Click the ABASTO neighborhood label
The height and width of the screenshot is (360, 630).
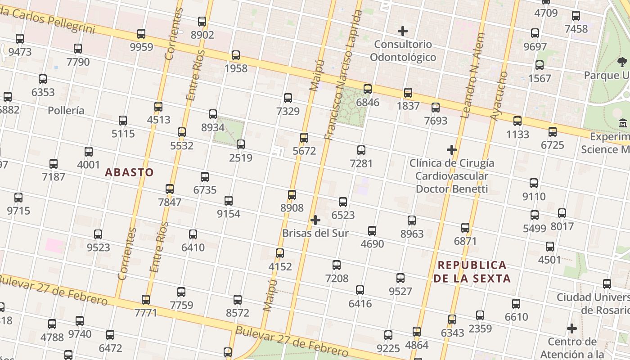click(x=129, y=172)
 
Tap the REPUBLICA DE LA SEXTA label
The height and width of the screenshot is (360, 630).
click(x=472, y=272)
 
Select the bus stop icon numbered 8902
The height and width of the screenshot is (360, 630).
click(x=202, y=22)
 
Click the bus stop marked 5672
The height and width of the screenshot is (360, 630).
click(x=304, y=138)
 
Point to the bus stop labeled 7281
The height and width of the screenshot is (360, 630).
click(x=361, y=150)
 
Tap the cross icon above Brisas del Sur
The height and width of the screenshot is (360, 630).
click(x=315, y=220)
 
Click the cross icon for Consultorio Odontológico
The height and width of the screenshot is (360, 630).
click(x=403, y=31)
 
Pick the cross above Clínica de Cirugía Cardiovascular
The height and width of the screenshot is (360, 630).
click(x=452, y=150)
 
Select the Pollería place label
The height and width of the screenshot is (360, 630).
click(x=66, y=111)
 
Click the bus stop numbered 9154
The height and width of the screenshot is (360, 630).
click(x=229, y=201)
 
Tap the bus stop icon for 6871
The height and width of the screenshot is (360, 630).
click(x=465, y=228)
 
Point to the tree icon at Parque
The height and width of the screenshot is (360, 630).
click(x=622, y=62)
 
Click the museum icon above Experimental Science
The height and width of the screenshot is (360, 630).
click(x=623, y=123)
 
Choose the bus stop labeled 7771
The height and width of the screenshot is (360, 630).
click(x=146, y=300)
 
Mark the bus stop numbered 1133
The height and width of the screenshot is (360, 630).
click(x=517, y=121)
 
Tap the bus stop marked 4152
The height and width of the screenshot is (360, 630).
click(x=280, y=253)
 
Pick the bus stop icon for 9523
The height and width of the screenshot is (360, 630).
click(x=98, y=234)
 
